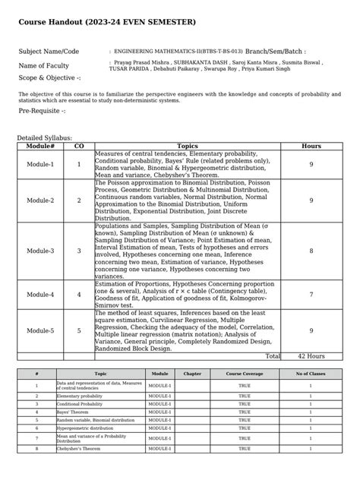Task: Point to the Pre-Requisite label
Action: [x=42, y=111]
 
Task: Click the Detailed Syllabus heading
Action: [x=44, y=138]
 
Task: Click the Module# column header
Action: [x=40, y=146]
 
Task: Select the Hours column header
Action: [x=311, y=146]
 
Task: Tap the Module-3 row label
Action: [x=40, y=250]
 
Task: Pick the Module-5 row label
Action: [x=40, y=330]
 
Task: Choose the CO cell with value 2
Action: [x=78, y=201]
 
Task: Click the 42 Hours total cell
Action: [x=311, y=355]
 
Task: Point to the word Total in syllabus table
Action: [x=272, y=355]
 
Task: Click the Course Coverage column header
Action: [x=244, y=374]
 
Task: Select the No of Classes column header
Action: [x=310, y=374]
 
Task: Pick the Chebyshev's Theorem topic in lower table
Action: [x=80, y=449]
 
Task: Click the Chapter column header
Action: [x=192, y=374]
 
